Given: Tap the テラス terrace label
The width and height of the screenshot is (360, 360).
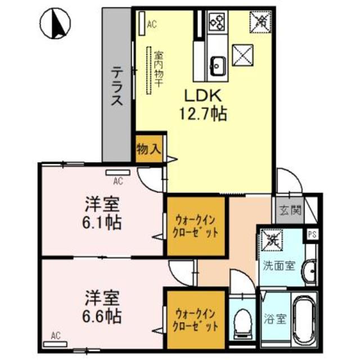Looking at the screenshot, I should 116,87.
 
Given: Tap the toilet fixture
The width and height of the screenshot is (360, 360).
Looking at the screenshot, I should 242,322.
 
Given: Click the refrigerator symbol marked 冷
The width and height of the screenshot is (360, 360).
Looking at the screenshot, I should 262,22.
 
